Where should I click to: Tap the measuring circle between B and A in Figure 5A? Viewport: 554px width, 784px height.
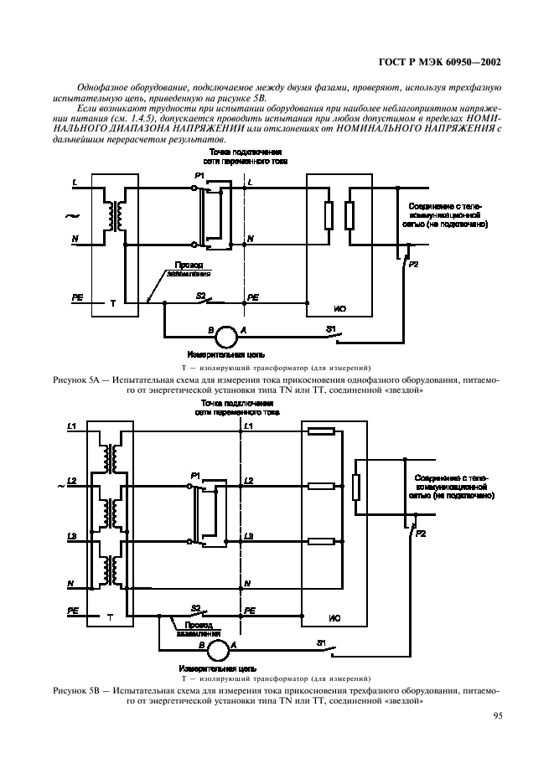(x=224, y=337)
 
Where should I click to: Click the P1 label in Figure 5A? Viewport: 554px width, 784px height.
(x=199, y=174)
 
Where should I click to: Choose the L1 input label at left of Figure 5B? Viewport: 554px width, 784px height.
(x=72, y=427)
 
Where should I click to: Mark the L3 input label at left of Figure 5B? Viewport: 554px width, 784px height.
(x=72, y=534)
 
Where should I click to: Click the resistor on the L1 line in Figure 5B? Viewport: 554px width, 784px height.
(x=322, y=432)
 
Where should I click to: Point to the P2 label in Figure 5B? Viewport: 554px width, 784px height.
(x=422, y=533)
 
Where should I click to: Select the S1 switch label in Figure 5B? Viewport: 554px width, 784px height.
(x=321, y=642)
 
